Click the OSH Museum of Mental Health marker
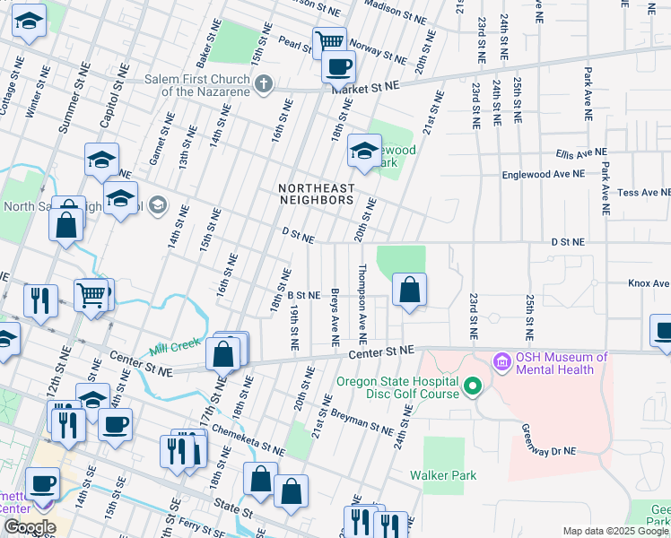[501, 363]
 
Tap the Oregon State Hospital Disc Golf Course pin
[472, 387]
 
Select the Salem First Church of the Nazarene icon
[263, 85]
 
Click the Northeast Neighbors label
[316, 195]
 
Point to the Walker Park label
[442, 475]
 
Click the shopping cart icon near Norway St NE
[329, 41]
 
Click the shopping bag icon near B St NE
[409, 290]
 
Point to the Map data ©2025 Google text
[614, 531]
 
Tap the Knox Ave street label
[648, 283]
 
